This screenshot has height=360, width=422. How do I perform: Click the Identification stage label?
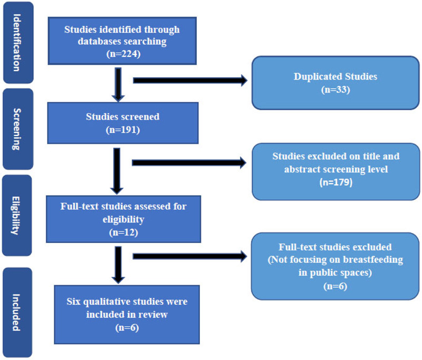[17, 42]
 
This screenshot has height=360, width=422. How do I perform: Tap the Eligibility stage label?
[17, 216]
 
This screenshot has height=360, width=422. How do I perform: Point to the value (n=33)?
[335, 90]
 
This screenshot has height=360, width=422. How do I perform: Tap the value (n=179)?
[335, 182]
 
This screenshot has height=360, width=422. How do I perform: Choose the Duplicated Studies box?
[335, 83]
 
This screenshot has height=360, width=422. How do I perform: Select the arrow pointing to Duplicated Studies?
[190, 81]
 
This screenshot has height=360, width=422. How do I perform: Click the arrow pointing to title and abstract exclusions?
[190, 163]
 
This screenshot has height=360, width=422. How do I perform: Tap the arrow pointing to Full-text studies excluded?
[190, 257]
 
